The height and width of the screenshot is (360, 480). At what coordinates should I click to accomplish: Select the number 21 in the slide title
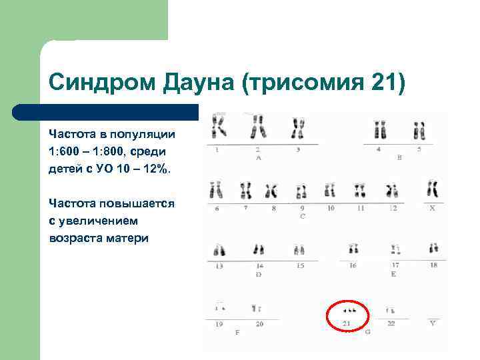click(381, 83)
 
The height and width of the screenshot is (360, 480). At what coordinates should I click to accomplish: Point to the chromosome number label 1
click(217, 150)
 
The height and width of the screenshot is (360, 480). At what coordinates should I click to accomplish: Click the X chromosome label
click(432, 208)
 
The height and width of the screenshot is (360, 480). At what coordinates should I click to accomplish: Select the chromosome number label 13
click(219, 265)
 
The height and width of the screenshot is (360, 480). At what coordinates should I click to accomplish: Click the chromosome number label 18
click(433, 265)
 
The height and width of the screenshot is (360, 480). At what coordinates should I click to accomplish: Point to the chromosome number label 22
click(391, 323)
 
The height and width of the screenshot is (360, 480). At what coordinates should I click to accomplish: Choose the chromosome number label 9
click(302, 208)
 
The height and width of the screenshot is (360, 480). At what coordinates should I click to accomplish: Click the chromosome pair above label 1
click(218, 126)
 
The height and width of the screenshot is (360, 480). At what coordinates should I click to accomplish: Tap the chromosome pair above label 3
click(298, 127)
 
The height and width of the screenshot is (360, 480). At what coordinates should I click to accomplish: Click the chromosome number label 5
click(419, 150)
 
